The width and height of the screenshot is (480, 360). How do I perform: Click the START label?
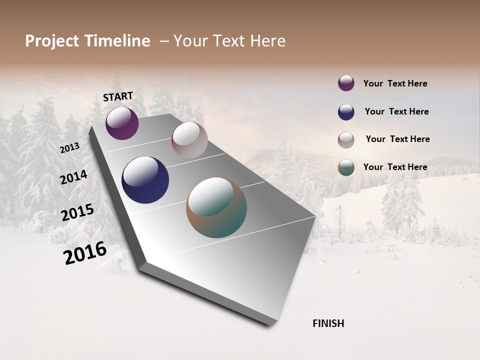pyautogui.click(x=118, y=96)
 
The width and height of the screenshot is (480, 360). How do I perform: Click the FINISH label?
pyautogui.click(x=328, y=323)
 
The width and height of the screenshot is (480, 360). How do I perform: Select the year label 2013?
pyautogui.click(x=69, y=148)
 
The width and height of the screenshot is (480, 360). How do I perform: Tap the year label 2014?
pyautogui.click(x=73, y=177)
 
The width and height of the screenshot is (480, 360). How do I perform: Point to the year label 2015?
pyautogui.click(x=77, y=212)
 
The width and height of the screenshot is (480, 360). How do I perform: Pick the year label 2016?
pyautogui.click(x=85, y=253)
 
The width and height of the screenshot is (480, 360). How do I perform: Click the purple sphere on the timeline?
pyautogui.click(x=122, y=123)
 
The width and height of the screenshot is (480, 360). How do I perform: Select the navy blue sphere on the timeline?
pyautogui.click(x=145, y=180)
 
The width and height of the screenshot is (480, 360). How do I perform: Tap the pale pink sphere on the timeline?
pyautogui.click(x=189, y=140)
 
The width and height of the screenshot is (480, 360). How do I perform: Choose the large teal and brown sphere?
pyautogui.click(x=216, y=207)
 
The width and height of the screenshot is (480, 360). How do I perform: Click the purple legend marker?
pyautogui.click(x=346, y=83)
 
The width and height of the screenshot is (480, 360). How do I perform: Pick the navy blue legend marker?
pyautogui.click(x=346, y=112)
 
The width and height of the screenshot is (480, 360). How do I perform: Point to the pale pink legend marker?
pyautogui.click(x=346, y=140)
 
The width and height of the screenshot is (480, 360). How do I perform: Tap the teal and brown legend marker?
pyautogui.click(x=346, y=167)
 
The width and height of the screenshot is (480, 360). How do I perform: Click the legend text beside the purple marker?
pyautogui.click(x=395, y=83)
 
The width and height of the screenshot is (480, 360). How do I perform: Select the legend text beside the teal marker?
pyautogui.click(x=395, y=167)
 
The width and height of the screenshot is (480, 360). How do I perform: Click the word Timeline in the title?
pyautogui.click(x=117, y=41)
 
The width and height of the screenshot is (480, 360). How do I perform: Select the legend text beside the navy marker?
pyautogui.click(x=396, y=111)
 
